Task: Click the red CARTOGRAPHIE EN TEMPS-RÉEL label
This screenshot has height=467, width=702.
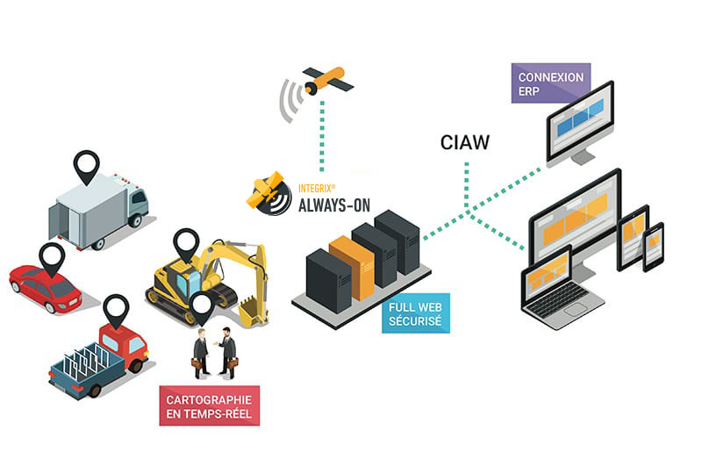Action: (210, 406)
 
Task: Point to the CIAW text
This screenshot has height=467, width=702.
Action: (466, 140)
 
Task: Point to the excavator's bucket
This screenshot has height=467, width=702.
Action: (252, 309)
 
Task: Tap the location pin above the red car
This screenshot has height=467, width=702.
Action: (52, 257)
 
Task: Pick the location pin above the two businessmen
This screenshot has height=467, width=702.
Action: (202, 307)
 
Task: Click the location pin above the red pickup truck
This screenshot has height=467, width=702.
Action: (116, 309)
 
